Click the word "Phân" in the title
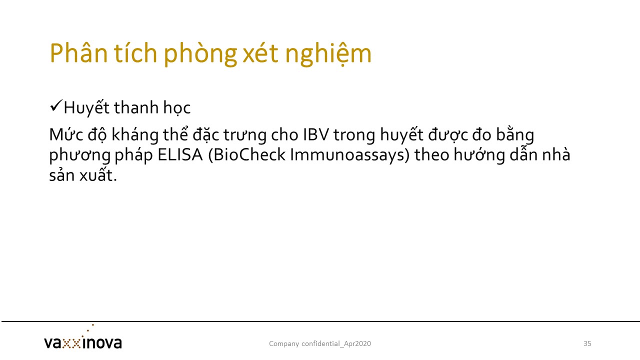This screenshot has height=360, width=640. [x=79, y=53]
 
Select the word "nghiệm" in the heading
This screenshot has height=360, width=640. [x=328, y=54]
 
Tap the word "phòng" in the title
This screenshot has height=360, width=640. [x=200, y=54]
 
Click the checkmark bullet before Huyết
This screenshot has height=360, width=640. [x=56, y=106]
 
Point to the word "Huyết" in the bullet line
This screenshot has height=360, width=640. [x=86, y=108]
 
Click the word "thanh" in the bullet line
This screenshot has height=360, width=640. [x=136, y=107]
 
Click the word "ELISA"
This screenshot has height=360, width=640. [x=180, y=155]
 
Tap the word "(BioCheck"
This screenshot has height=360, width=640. [x=247, y=155]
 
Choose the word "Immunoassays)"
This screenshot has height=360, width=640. [x=349, y=155]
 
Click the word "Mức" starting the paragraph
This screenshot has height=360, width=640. [x=66, y=134]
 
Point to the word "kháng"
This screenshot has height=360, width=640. [x=135, y=134]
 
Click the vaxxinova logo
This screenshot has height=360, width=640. [x=83, y=339]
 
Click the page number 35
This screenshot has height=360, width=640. [x=587, y=343]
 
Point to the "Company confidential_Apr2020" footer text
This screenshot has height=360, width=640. [x=320, y=343]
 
